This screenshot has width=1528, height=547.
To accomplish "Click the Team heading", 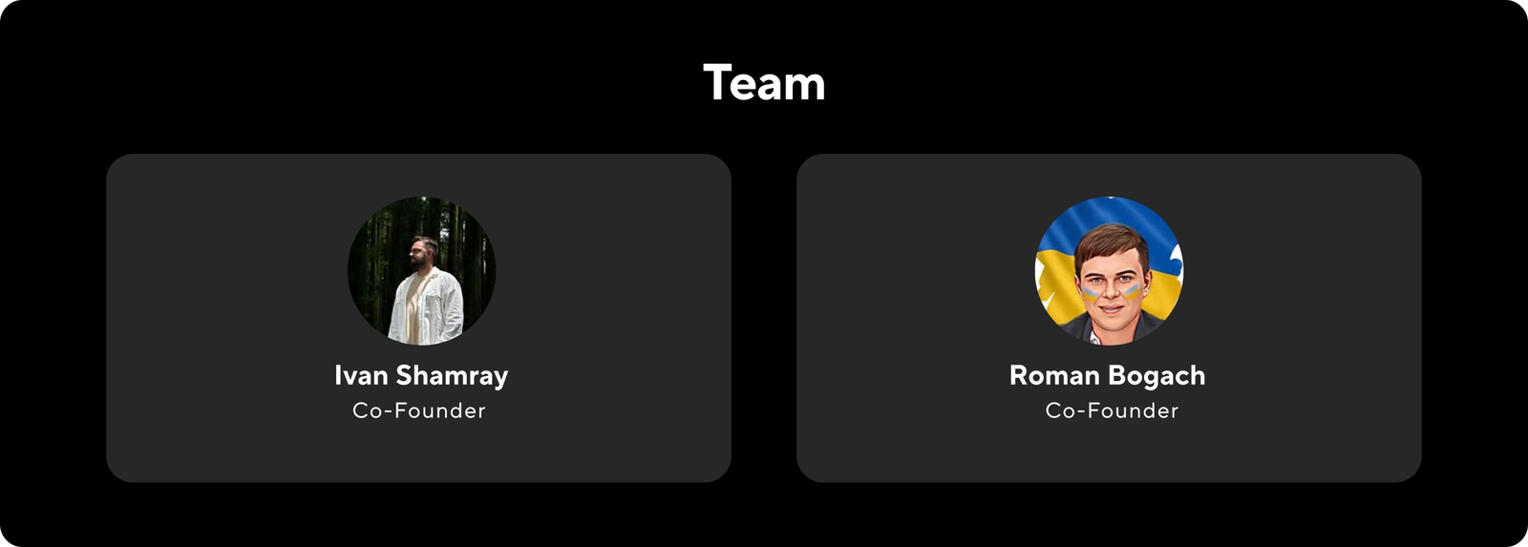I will tap(764, 83).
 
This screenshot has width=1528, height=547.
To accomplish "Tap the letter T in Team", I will tap(718, 82).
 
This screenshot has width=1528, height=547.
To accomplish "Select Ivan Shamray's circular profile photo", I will tap(421, 271).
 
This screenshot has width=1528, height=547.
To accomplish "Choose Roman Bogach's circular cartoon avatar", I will tap(1109, 271).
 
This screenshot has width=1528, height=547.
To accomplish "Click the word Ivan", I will tap(360, 375).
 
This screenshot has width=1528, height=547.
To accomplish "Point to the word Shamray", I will tap(452, 376).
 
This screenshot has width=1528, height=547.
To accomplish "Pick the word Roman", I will tap(1054, 375).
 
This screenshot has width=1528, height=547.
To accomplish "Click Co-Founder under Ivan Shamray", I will tap(419, 410).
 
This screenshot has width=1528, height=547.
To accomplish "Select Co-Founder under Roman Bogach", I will tap(1112, 410).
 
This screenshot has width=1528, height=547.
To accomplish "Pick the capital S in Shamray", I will tap(404, 375).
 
